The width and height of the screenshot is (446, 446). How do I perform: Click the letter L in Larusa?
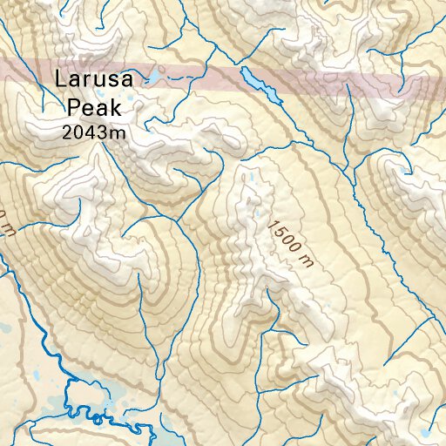[x=60, y=78]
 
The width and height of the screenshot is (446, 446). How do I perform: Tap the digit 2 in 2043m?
[x=68, y=132]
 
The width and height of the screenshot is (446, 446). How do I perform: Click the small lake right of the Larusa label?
[x=151, y=80]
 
